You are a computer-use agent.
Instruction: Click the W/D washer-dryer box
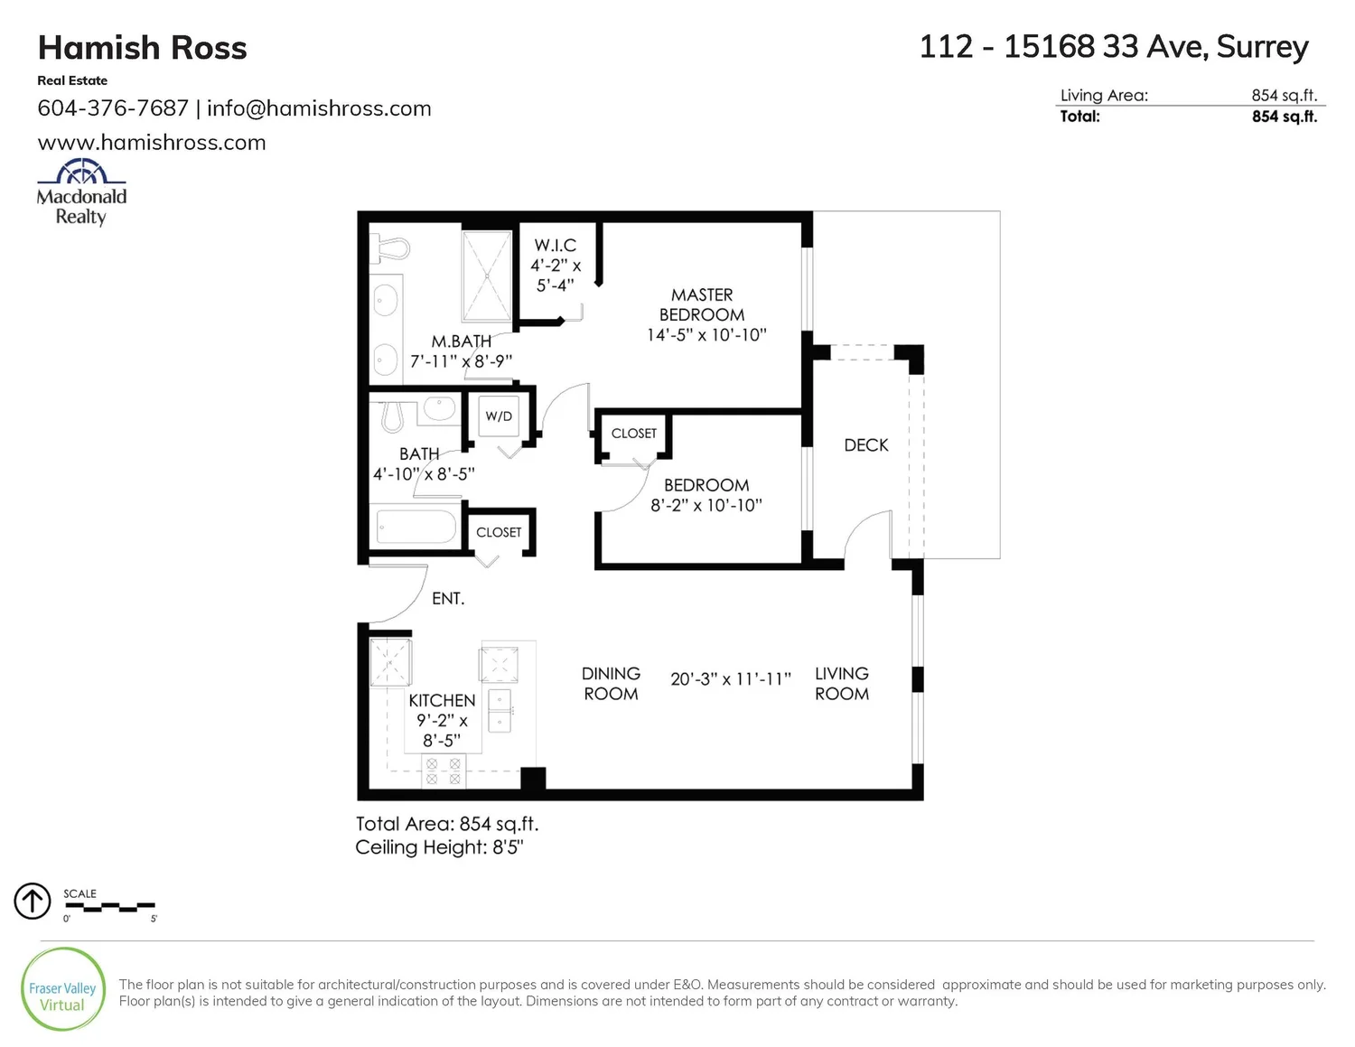tap(499, 416)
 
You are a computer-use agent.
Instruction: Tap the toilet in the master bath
tap(389, 249)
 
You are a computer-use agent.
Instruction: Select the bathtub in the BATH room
tap(416, 527)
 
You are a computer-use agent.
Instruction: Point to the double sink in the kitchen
tap(500, 710)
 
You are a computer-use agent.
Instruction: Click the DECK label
tap(866, 445)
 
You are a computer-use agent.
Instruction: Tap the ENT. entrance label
tap(448, 599)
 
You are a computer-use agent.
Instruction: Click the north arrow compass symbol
tap(33, 901)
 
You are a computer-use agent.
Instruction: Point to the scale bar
tap(109, 906)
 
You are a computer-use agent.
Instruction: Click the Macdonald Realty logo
tap(81, 192)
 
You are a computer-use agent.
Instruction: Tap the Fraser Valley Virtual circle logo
tap(63, 989)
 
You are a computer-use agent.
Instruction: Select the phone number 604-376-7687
tap(113, 108)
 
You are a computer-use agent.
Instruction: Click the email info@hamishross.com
tap(319, 108)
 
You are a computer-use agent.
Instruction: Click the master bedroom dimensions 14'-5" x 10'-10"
tap(706, 335)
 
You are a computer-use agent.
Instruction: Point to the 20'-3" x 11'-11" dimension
tap(731, 679)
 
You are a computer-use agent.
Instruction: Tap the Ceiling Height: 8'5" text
tap(440, 847)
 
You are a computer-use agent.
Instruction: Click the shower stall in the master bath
tap(486, 276)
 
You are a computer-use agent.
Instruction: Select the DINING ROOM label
tap(611, 684)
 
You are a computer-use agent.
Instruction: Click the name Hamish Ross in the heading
tap(143, 47)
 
